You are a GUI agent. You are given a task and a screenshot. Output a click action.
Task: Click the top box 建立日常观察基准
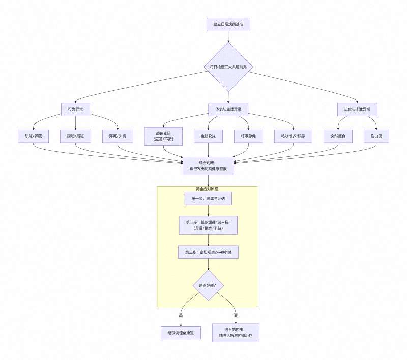pos(228,24)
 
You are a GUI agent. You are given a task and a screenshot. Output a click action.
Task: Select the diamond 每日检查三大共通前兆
pos(228,67)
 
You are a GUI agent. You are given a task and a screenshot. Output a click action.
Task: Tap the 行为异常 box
pos(75,109)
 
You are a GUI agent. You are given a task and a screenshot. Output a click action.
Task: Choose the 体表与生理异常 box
pos(228,109)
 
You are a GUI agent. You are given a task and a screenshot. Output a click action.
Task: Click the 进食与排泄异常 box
pos(357,109)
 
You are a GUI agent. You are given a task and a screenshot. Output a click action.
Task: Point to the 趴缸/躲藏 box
pos(33,136)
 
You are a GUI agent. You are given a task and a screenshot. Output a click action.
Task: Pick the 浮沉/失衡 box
pos(118,136)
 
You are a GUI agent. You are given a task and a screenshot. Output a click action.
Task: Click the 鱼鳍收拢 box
pos(208,136)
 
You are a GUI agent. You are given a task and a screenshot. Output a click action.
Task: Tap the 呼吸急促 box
pos(248,136)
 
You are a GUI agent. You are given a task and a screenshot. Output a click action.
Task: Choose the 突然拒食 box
pos(338,136)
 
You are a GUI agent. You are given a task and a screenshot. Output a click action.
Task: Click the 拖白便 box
pos(376,136)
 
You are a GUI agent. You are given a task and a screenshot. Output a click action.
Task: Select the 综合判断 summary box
pos(208,165)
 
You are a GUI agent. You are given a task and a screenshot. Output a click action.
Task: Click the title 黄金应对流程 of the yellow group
pos(207,189)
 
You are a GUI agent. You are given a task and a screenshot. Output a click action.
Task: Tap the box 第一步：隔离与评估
pos(208,199)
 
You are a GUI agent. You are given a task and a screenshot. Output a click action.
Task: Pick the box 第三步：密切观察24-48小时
pos(208,252)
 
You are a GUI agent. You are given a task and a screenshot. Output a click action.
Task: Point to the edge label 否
pos(236,315)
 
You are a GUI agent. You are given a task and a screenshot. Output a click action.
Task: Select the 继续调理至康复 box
pos(181,334)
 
